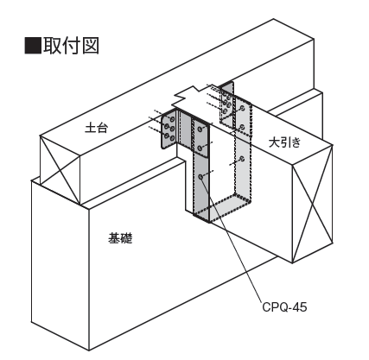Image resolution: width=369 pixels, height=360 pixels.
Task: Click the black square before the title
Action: click(x=33, y=46)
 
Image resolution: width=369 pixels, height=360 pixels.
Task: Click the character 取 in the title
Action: click(x=52, y=46)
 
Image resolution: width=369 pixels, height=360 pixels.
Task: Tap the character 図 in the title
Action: click(x=91, y=46)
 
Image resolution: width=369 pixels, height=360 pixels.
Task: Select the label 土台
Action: click(x=96, y=128)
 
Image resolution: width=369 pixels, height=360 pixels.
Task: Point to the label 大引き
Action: click(x=284, y=142)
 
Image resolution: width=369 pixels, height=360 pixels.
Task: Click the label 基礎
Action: click(x=120, y=238)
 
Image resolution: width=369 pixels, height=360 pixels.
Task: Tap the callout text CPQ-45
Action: click(x=284, y=307)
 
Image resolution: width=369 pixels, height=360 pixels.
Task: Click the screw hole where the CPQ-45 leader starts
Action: click(x=200, y=176)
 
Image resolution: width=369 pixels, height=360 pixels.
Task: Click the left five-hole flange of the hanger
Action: click(x=169, y=129)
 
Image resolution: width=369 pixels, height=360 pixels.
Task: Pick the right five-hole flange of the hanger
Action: click(x=226, y=104)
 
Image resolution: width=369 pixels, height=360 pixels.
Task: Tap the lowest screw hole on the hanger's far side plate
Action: click(x=242, y=159)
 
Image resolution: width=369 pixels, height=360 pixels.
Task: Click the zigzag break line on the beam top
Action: click(x=187, y=96)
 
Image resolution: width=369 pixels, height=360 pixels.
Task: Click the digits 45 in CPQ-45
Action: click(x=300, y=307)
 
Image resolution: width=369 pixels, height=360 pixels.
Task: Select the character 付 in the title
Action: click(x=71, y=46)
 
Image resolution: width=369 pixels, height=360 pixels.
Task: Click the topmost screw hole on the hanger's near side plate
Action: click(x=200, y=129)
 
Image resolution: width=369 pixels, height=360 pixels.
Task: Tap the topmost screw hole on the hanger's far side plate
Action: click(x=243, y=108)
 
